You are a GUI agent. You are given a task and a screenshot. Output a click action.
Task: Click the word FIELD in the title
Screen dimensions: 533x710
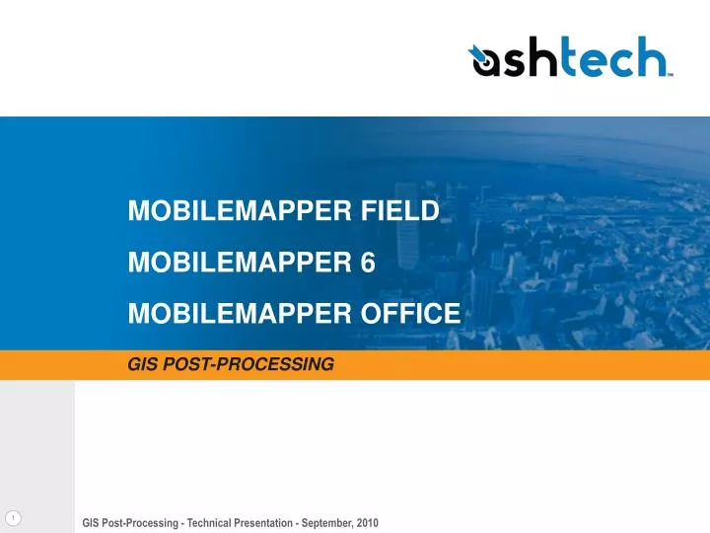[401, 210]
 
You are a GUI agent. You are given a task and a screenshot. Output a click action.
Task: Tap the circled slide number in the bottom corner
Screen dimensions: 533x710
[13, 519]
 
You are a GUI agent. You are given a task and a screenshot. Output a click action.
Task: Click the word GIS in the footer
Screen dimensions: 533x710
[92, 522]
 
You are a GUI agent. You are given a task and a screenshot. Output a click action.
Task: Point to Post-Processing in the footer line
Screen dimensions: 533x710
[143, 522]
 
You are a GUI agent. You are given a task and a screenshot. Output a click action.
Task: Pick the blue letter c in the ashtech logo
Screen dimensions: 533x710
[618, 63]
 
